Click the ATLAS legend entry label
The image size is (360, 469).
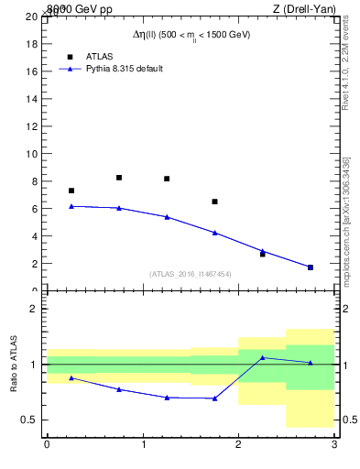coord(100,56)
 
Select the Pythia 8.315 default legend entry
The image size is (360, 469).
coord(124,69)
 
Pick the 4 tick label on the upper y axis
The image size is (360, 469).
coord(35,236)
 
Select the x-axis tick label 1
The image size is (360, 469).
coord(143,444)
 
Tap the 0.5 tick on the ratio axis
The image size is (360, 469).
coord(30,420)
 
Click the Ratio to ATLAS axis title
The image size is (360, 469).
coord(14,364)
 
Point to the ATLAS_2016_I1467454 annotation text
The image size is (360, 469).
coord(191,274)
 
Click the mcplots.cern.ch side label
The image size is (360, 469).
coord(346,221)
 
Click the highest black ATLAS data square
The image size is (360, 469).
coord(119,178)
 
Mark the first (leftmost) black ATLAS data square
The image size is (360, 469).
coord(71,191)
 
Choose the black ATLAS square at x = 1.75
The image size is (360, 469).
coord(214,202)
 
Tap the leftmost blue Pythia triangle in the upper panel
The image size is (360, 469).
coord(71,206)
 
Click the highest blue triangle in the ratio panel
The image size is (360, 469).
coord(262,357)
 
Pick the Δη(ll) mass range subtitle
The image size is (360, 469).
coord(191,35)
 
